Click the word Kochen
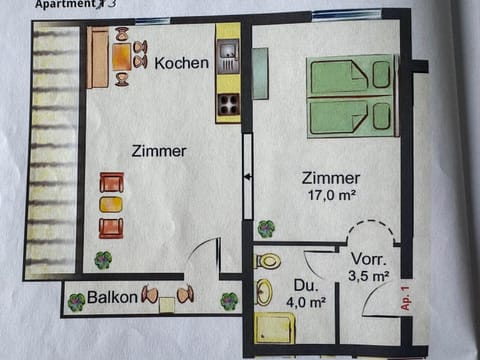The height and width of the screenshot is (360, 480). [182, 63]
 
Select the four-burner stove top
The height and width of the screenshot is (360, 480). [228, 103]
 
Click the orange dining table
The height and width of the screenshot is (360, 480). [121, 56]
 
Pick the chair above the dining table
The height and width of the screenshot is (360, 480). [121, 35]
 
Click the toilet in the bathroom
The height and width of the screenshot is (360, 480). [268, 262]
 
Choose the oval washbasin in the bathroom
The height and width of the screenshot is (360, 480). [264, 293]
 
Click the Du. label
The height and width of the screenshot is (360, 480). [308, 287]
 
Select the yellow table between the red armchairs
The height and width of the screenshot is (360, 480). [111, 205]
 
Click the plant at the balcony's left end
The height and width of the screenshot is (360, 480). [77, 298]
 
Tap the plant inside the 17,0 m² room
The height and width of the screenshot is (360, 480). [266, 228]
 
